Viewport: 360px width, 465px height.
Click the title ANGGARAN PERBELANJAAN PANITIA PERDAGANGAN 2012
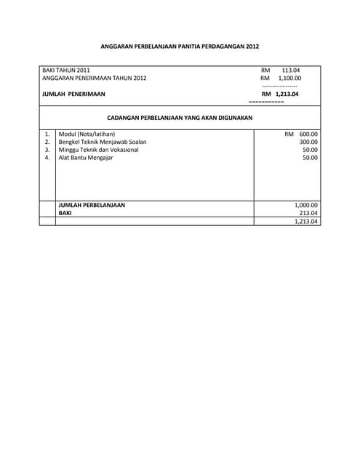pyautogui.click(x=180, y=45)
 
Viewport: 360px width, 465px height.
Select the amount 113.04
pyautogui.click(x=290, y=70)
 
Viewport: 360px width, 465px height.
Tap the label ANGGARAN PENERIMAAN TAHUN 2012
pyautogui.click(x=95, y=78)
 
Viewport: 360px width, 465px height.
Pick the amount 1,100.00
pyautogui.click(x=289, y=78)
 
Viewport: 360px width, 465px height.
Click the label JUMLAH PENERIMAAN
pyautogui.click(x=73, y=94)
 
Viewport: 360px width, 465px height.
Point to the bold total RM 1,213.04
pyautogui.click(x=280, y=94)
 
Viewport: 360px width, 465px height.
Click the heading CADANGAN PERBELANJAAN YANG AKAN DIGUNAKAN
pyautogui.click(x=180, y=118)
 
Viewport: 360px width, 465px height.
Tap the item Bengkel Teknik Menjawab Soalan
pyautogui.click(x=102, y=142)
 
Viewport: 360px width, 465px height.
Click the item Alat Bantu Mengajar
pyautogui.click(x=86, y=158)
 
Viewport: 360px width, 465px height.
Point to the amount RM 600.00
pyautogui.click(x=301, y=134)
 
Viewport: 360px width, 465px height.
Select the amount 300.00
pyautogui.click(x=308, y=142)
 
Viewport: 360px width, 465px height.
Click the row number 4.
pyautogui.click(x=47, y=158)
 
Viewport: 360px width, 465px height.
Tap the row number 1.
pyautogui.click(x=47, y=134)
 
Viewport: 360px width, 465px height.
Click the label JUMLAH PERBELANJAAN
pyautogui.click(x=92, y=205)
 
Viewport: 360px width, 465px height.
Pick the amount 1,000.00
pyautogui.click(x=306, y=205)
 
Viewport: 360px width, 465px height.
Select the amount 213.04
pyautogui.click(x=308, y=213)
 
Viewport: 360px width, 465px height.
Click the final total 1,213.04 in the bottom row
pyautogui.click(x=306, y=222)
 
